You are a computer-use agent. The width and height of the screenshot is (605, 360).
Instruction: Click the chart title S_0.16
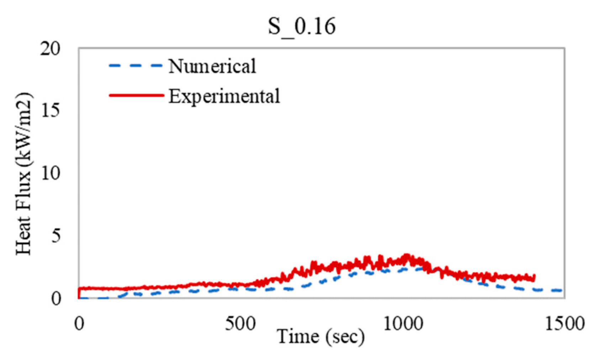302,26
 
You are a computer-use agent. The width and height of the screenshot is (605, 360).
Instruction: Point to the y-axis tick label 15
50,111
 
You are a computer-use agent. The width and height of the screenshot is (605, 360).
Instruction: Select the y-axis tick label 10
50,173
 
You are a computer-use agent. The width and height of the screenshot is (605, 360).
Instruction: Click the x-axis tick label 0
79,324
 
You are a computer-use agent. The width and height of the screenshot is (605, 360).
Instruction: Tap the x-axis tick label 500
241,324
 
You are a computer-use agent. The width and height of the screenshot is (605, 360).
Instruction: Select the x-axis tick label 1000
403,324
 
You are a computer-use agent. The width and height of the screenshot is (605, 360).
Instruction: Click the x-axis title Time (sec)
321,336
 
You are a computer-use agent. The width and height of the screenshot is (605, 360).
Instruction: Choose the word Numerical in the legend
212,66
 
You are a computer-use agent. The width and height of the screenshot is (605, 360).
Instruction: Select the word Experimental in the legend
224,96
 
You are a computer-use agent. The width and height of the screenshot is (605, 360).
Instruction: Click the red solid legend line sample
136,95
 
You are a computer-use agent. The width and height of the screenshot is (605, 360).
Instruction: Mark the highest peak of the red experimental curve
407,255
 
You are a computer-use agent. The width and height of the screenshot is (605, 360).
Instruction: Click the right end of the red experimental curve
534,278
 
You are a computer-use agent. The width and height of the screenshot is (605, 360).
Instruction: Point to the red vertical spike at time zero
79,293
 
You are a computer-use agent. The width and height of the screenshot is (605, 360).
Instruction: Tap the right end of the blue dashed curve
562,291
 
